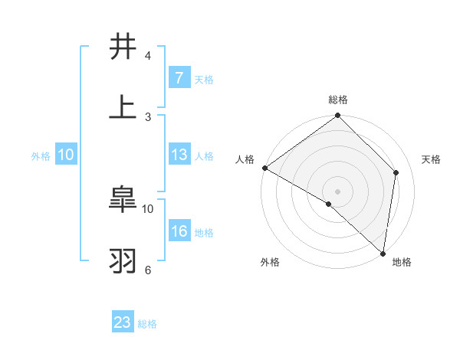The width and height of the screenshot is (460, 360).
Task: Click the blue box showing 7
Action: point(179,77)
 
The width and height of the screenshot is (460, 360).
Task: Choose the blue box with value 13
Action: point(179,155)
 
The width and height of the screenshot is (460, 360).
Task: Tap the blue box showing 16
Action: point(179,231)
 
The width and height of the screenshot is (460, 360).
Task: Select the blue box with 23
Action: point(123,322)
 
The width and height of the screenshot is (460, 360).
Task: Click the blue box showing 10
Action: point(66,155)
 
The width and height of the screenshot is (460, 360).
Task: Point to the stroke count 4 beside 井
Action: point(147,56)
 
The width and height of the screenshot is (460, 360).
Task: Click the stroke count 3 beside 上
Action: point(147,116)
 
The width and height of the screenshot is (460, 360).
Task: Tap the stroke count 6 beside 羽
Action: point(147,270)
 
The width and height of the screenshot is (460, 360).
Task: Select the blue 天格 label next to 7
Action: point(204,79)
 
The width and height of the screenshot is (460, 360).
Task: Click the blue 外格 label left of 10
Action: point(41,155)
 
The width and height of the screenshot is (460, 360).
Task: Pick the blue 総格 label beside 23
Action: point(147,324)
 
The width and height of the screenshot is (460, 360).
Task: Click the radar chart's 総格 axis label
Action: point(338,100)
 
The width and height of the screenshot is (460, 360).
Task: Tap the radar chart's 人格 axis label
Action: point(245,159)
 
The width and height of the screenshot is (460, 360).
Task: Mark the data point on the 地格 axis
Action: point(383,253)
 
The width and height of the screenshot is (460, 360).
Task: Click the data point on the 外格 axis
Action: point(328,204)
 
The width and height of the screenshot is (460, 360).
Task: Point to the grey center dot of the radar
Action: point(337,191)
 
